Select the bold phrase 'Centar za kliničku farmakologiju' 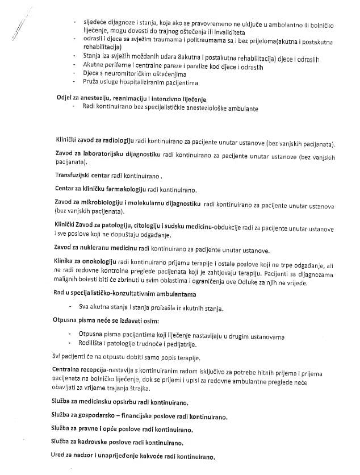pos(100,189)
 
